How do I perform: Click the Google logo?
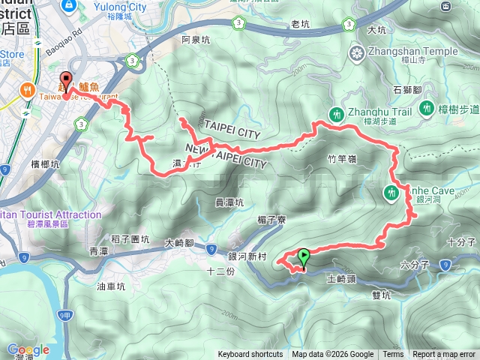[x=28, y=349]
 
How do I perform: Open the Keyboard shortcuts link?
[x=250, y=355]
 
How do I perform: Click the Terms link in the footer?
[x=393, y=355]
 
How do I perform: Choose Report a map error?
[x=444, y=355]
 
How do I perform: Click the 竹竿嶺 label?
[x=341, y=159]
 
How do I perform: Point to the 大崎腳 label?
[x=179, y=242]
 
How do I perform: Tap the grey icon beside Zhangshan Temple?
[x=357, y=52]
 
